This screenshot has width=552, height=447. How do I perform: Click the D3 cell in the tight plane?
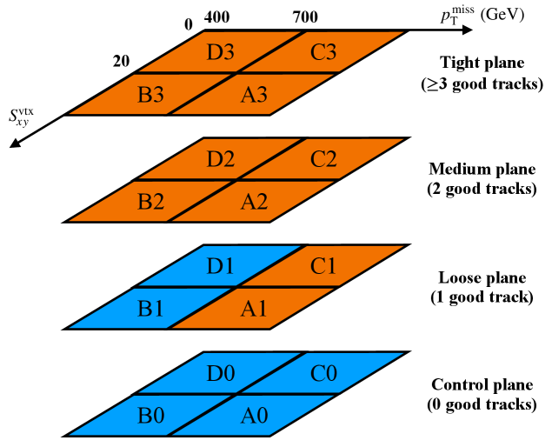pyautogui.click(x=220, y=52)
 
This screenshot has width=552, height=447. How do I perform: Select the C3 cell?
pyautogui.click(x=323, y=52)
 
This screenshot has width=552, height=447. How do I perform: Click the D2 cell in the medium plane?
pyautogui.click(x=220, y=159)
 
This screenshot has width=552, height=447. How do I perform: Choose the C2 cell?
pyautogui.click(x=323, y=159)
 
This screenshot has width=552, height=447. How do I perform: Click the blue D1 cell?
pyautogui.click(x=220, y=266)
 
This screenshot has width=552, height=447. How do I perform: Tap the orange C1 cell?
pyautogui.click(x=323, y=266)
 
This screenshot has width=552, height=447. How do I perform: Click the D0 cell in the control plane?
pyautogui.click(x=220, y=373)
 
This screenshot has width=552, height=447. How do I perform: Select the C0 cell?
pyautogui.click(x=323, y=373)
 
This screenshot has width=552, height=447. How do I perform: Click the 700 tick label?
pyautogui.click(x=305, y=17)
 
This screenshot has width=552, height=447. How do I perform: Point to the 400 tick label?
pyautogui.click(x=216, y=17)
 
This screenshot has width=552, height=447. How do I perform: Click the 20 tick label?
pyautogui.click(x=121, y=60)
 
